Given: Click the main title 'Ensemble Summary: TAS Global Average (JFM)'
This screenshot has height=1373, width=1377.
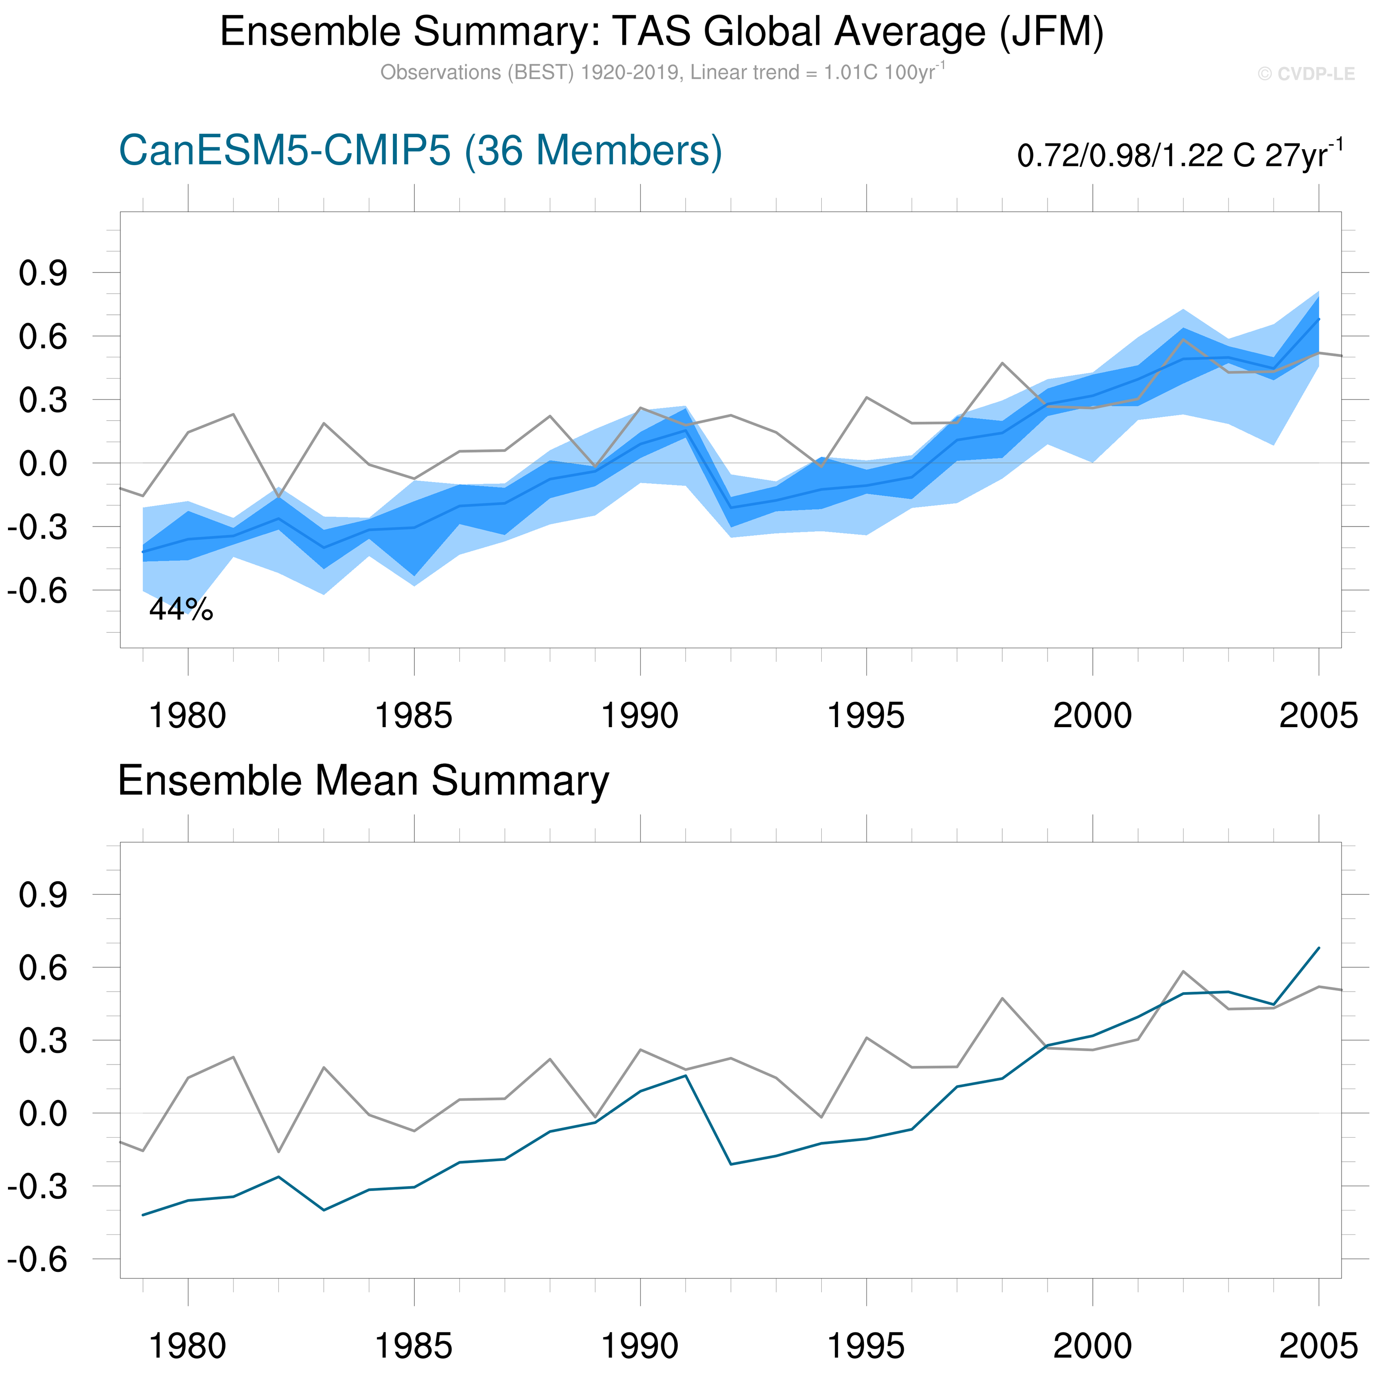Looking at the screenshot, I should (x=661, y=32).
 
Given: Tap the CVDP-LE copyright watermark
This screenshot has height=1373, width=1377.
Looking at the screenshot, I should (x=1306, y=74).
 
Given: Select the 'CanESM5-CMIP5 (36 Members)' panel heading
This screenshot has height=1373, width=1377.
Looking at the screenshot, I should (x=420, y=151).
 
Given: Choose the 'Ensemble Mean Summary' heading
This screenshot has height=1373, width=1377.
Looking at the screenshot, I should (x=364, y=780).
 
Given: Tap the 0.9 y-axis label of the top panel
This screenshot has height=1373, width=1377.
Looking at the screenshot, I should (x=43, y=273).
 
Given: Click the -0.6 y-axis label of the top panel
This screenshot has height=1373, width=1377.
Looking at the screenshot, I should (x=37, y=591).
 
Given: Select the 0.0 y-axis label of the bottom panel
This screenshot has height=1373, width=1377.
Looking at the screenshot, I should (x=43, y=1113).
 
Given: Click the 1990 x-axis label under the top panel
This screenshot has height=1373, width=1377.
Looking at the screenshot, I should (x=640, y=716).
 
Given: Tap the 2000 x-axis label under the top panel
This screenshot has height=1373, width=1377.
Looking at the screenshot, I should (x=1092, y=716).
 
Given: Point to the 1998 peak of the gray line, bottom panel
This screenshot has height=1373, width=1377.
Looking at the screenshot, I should (x=1002, y=998).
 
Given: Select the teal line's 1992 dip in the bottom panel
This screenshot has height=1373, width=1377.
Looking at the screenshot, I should (x=731, y=1164).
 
